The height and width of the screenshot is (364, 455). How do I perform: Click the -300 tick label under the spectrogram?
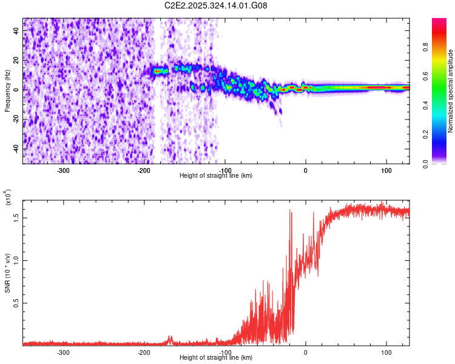click(63, 170)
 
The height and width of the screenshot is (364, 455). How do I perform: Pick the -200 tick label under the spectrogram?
click(144, 170)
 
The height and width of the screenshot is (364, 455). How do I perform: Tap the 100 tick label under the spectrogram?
click(386, 170)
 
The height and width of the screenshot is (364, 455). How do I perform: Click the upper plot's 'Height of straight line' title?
click(216, 175)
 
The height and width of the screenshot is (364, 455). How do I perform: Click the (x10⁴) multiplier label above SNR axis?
click(8, 197)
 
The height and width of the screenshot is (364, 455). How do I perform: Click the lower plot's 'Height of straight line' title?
click(216, 357)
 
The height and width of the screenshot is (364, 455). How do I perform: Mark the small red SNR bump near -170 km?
click(170, 338)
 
